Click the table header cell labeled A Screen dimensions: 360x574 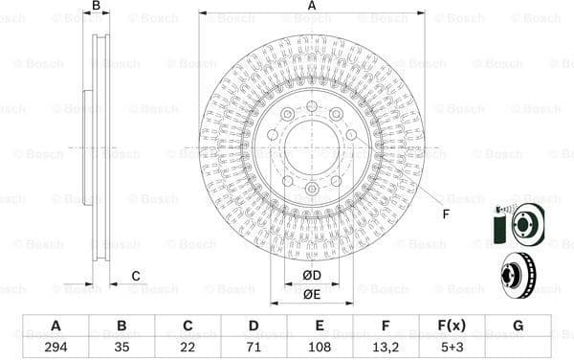click(x=55, y=326)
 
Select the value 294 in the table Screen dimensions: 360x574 click(x=55, y=347)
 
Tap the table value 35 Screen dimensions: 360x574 click(x=121, y=347)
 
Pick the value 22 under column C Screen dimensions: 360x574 click(x=188, y=347)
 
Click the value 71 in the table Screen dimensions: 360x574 click(x=254, y=347)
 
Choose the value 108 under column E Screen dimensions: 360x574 click(x=320, y=347)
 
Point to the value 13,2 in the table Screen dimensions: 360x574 click(x=386, y=347)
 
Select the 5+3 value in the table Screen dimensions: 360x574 click(x=452, y=347)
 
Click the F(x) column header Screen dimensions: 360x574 click(x=452, y=326)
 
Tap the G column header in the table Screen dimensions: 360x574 click(x=518, y=326)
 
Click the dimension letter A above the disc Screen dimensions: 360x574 click(x=312, y=7)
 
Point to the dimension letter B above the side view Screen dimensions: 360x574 click(x=96, y=7)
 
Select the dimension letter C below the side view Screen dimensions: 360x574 click(x=136, y=277)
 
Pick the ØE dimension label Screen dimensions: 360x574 click(x=312, y=294)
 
